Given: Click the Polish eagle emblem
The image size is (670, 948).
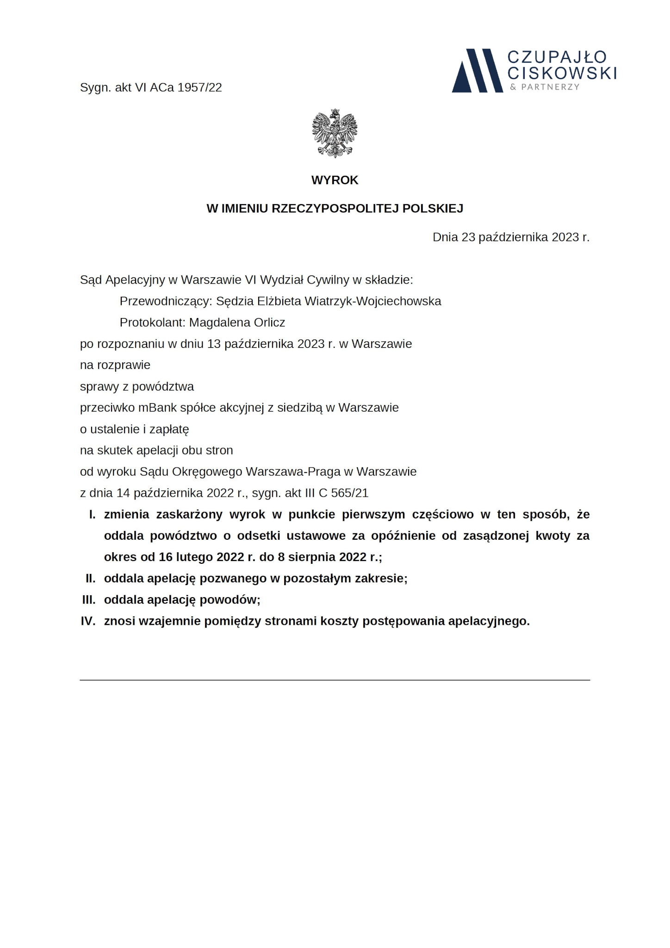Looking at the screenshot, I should click(x=335, y=133).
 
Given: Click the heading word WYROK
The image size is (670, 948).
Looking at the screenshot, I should click(x=335, y=180).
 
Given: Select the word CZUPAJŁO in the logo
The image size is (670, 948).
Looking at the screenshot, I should click(x=557, y=57).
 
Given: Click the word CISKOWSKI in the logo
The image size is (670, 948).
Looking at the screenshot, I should click(x=562, y=73).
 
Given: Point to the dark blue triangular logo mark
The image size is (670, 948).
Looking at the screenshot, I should click(x=477, y=71).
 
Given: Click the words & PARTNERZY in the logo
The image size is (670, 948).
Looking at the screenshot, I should click(x=545, y=87).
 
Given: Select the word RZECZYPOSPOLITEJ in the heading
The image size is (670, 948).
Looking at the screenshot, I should click(x=335, y=209).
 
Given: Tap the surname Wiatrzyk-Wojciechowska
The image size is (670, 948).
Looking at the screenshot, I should click(x=372, y=301).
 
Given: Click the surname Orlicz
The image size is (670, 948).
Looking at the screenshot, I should click(x=269, y=323).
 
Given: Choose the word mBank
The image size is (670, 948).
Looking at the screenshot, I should click(x=155, y=408).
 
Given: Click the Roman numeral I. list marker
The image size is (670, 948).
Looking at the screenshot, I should click(x=92, y=515).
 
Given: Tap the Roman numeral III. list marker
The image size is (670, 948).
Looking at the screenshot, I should click(x=88, y=600).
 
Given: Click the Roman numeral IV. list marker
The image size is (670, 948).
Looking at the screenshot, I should click(x=88, y=621).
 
